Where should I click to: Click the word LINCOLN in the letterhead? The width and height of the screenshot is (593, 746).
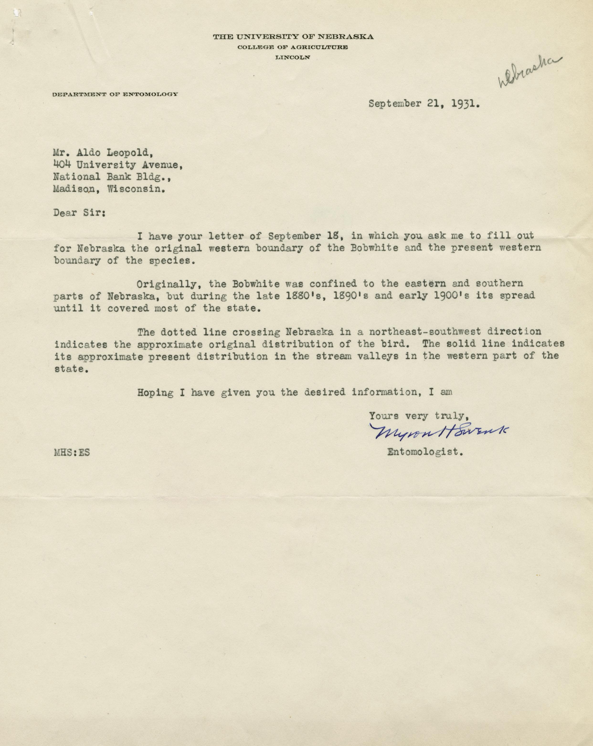292,58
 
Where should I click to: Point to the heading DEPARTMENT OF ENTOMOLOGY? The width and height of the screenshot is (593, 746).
115,94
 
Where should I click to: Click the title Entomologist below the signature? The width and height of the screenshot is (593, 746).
425,452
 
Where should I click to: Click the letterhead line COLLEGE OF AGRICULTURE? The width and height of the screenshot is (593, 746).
292,47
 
